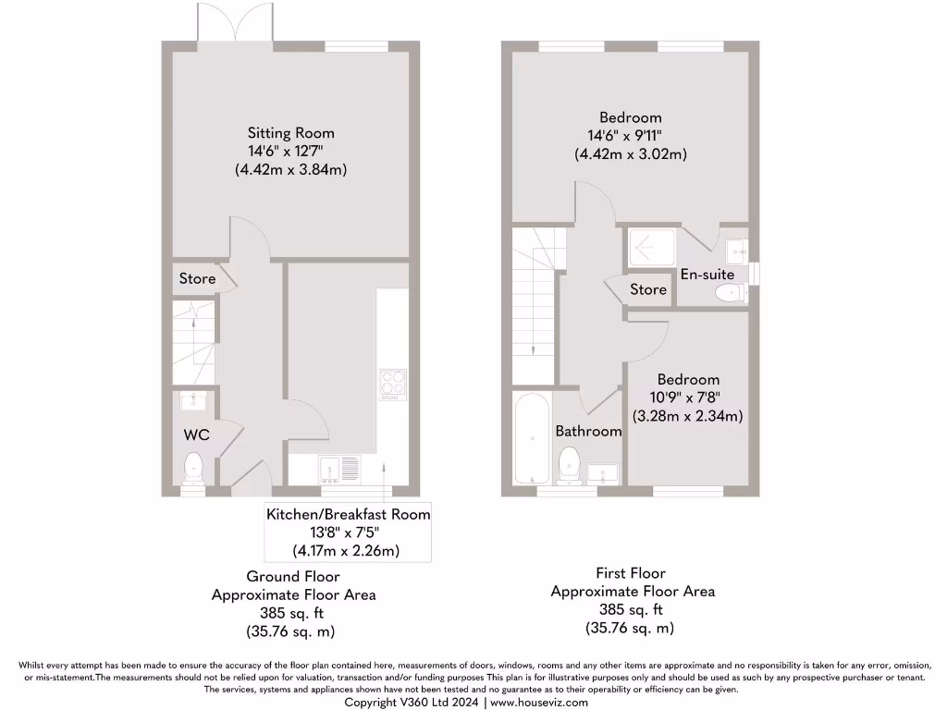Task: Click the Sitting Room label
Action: point(290,133)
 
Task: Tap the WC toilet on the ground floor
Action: point(194,468)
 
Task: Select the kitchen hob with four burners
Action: point(391,384)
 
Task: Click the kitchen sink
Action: point(338,470)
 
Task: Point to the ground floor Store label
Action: point(197,278)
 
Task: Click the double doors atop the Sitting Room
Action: point(223,22)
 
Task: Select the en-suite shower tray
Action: point(654,249)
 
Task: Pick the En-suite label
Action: point(707,275)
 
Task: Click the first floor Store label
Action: point(648,289)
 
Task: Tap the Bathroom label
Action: point(588,431)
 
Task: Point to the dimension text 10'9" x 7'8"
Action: point(688,398)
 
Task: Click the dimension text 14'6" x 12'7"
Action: point(290,151)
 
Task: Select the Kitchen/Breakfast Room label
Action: point(349,514)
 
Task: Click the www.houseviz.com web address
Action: point(538,703)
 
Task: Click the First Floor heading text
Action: point(631,573)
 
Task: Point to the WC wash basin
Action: point(194,400)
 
